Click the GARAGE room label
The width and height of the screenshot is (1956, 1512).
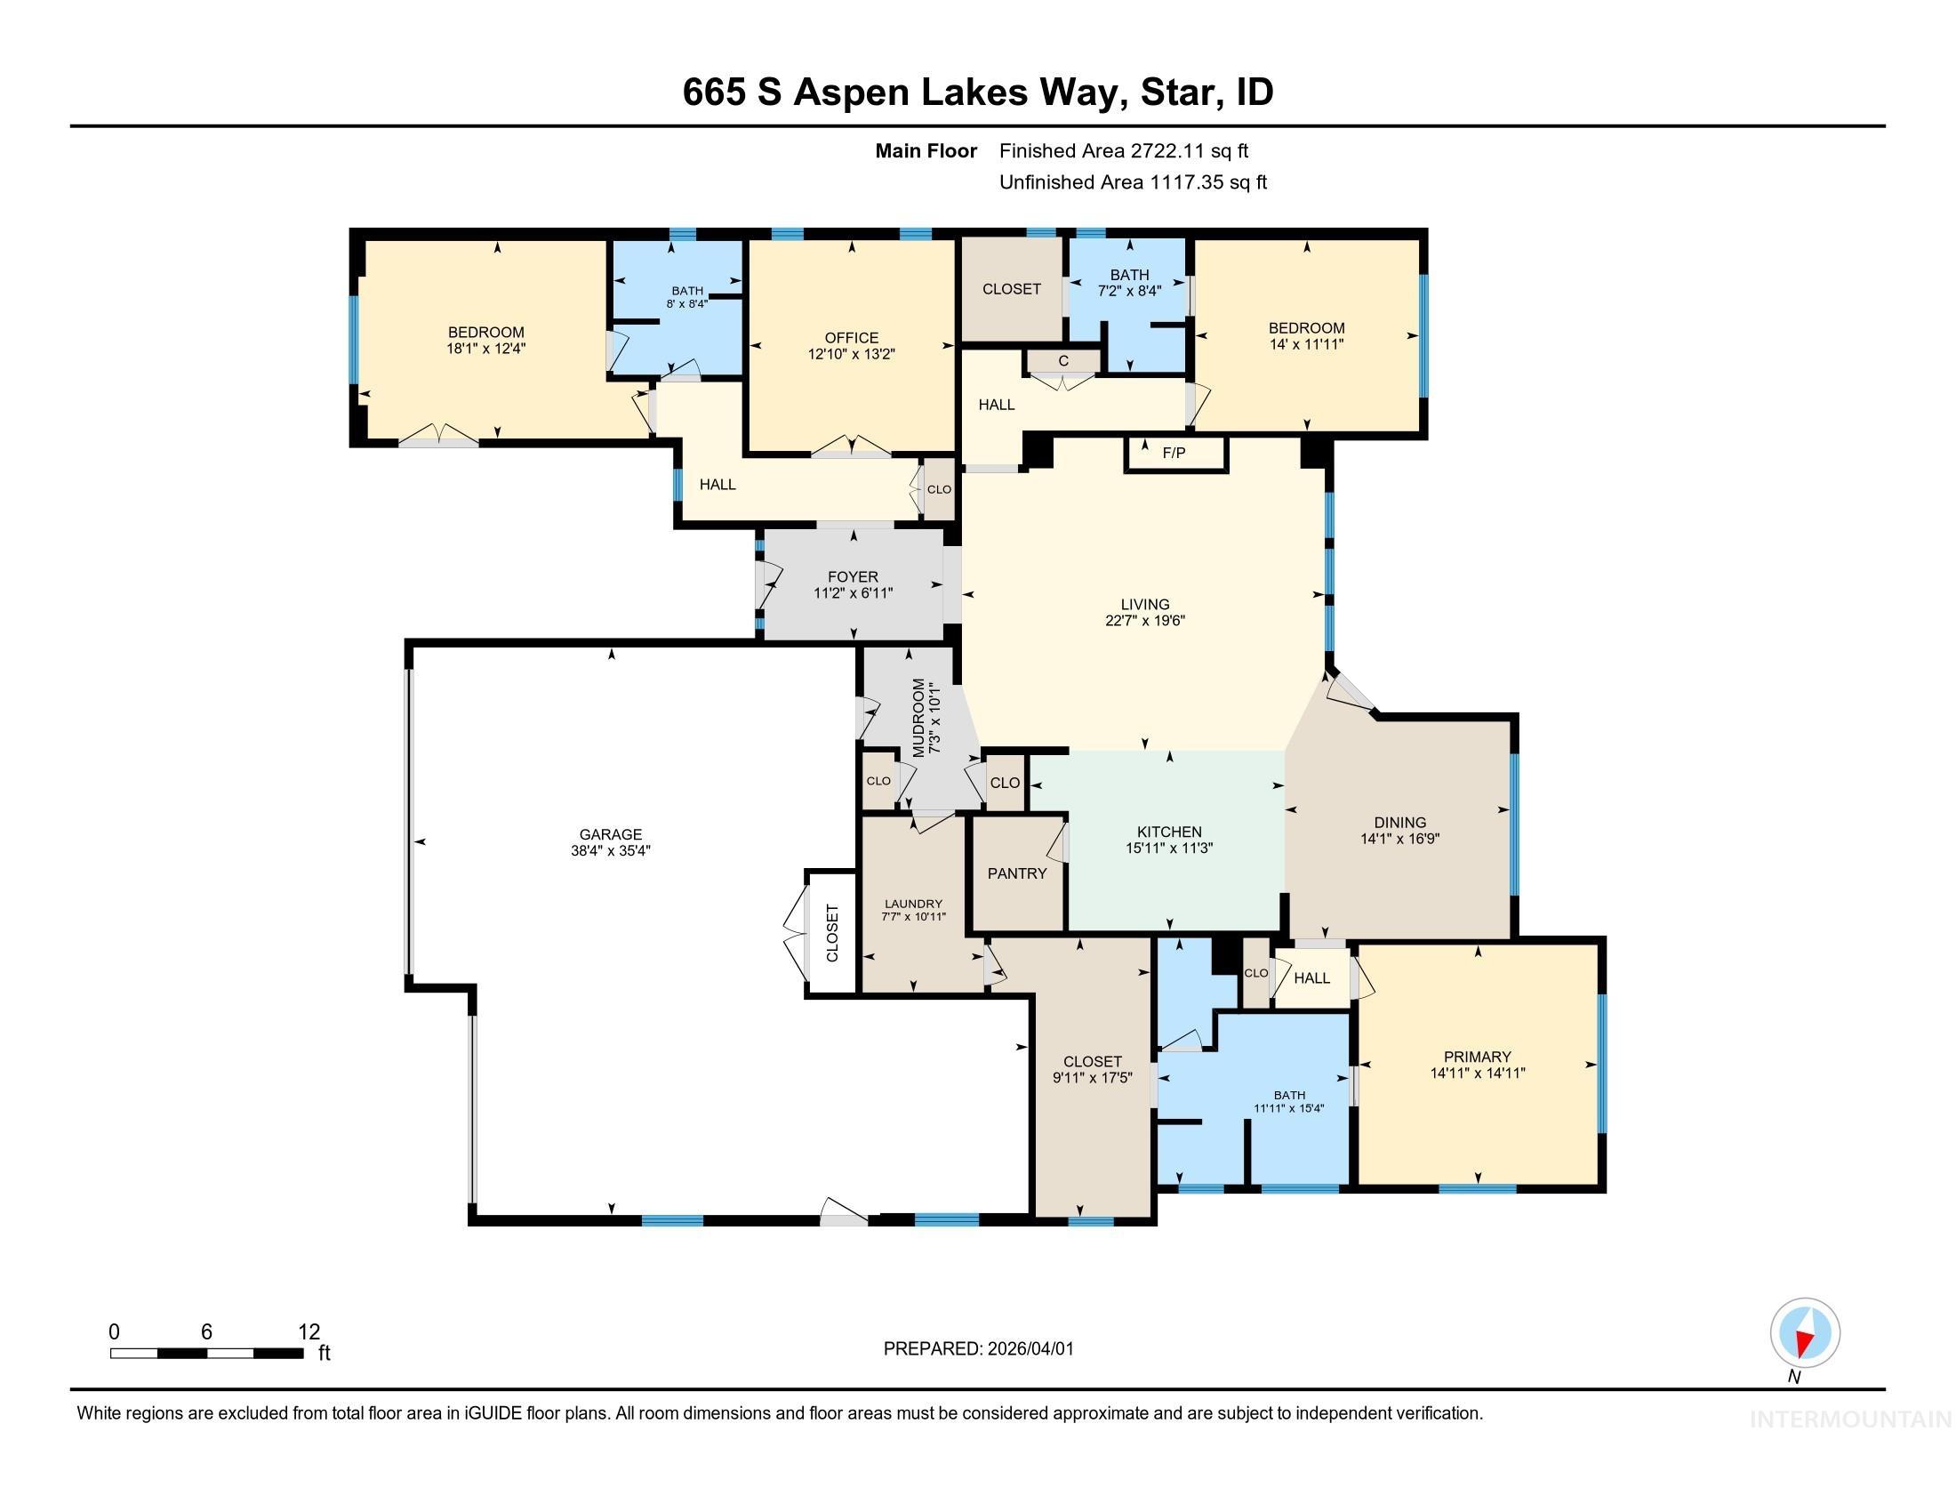coord(610,834)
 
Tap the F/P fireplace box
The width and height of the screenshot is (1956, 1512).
coord(1174,454)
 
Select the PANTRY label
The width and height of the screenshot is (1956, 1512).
coord(1016,873)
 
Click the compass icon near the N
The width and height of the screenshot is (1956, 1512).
coord(1805,1332)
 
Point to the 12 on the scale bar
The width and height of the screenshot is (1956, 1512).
coord(309,1331)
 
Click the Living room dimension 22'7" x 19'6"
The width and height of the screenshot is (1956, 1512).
coord(1144,620)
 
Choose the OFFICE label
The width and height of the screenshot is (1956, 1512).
coord(851,338)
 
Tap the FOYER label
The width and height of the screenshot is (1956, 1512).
coord(853,577)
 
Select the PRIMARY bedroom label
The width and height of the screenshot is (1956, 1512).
coord(1477,1056)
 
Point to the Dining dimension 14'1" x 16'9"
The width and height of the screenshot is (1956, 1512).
coord(1399,840)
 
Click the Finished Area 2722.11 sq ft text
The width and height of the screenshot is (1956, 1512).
coord(1123,151)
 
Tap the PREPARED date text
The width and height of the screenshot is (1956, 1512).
coord(978,1349)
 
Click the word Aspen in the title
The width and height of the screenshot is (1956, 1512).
coord(851,92)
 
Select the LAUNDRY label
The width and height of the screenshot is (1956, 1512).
coord(912,904)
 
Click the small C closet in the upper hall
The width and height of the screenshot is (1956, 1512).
coord(1063,361)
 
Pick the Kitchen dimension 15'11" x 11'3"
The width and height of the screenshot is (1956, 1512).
coord(1169,848)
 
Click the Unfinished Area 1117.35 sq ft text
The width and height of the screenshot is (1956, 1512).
coord(1132,182)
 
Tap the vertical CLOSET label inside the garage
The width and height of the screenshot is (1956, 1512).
coord(832,933)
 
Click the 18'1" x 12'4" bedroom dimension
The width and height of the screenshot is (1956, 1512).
coord(485,349)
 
